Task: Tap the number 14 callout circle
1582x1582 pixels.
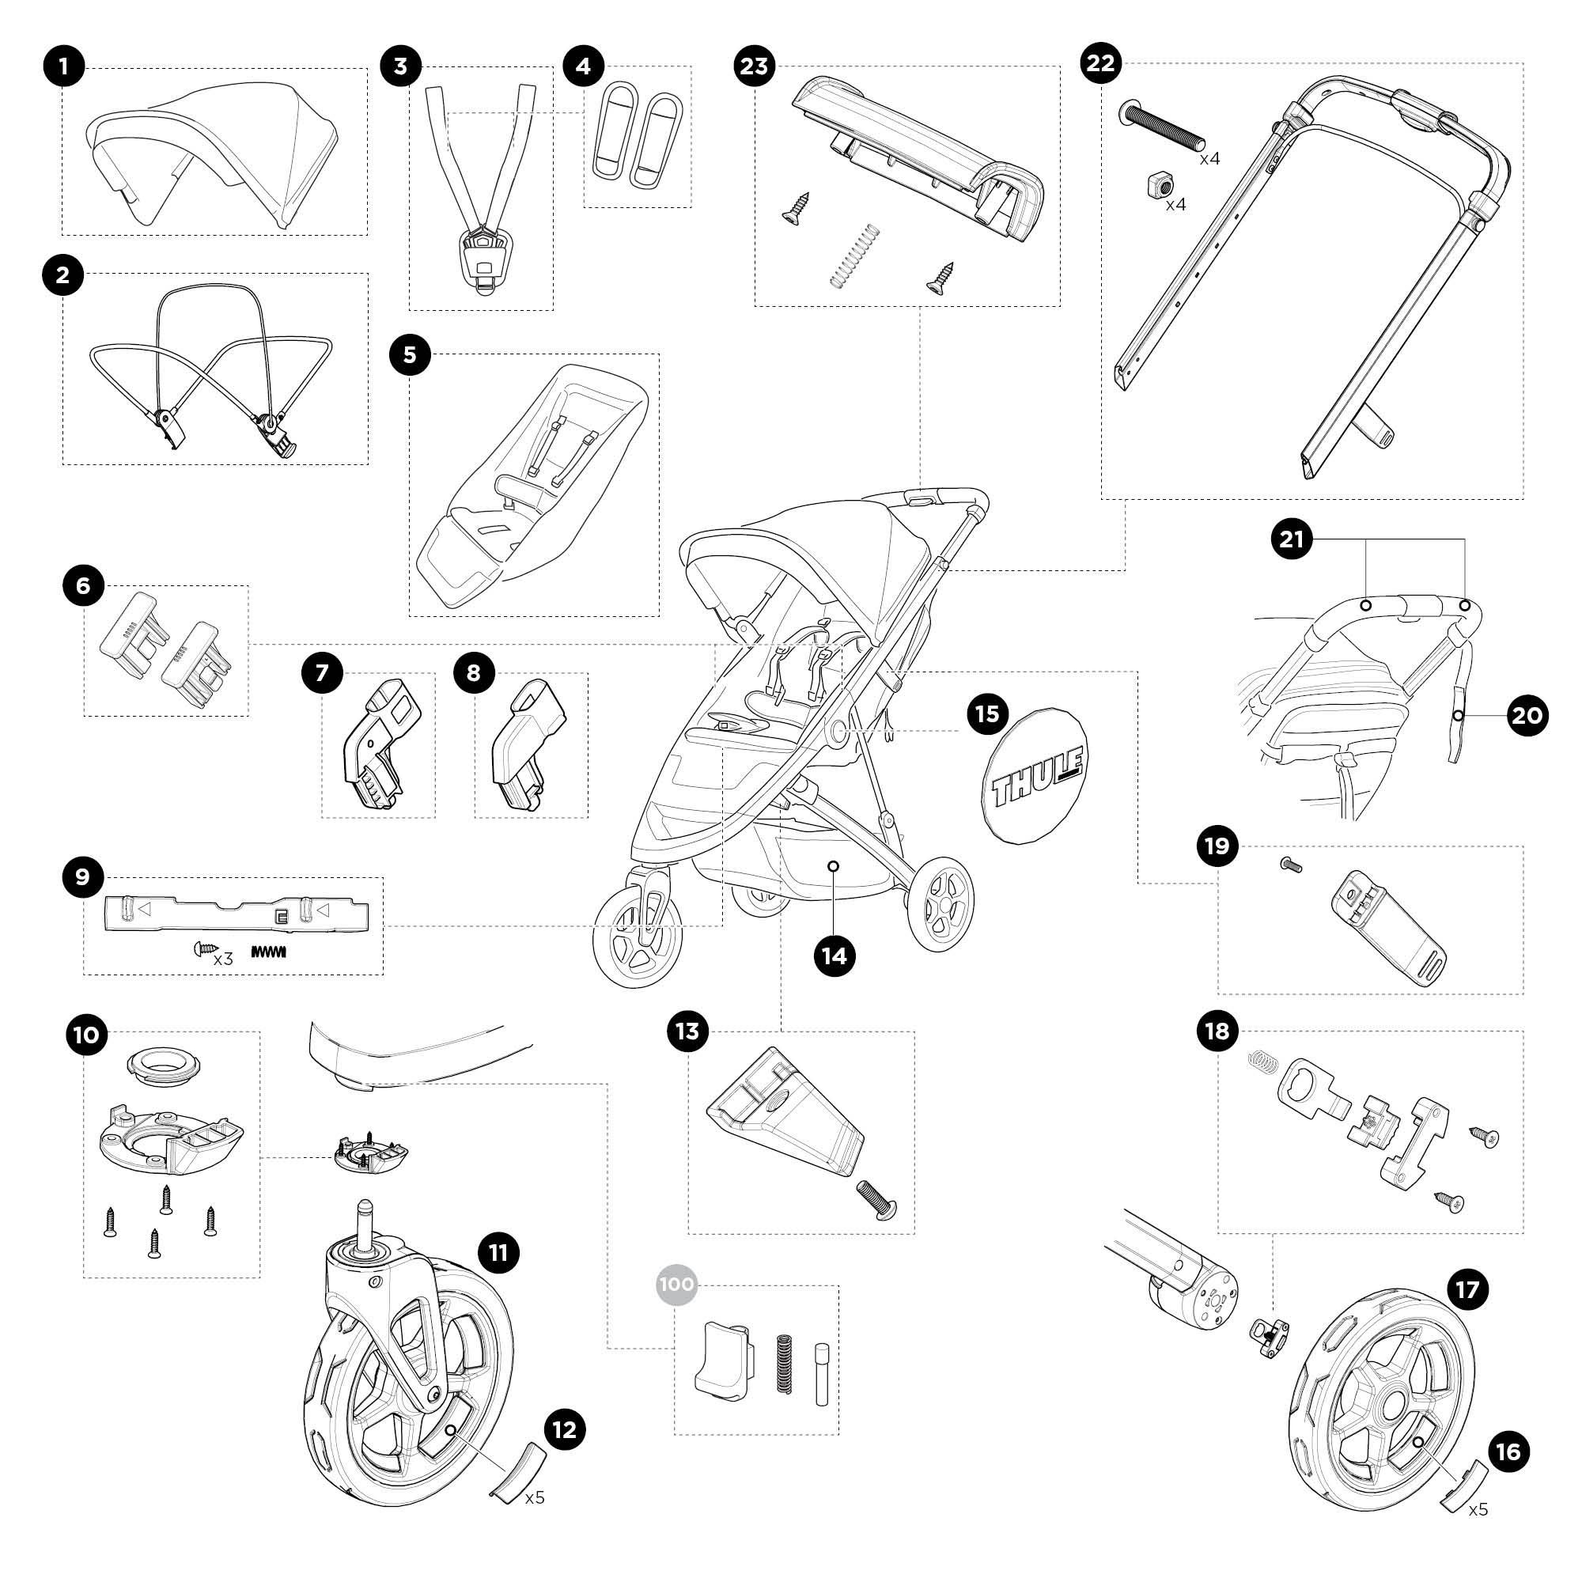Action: tap(835, 956)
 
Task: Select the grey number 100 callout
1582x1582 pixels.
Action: tap(676, 1284)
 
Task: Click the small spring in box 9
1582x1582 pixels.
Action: tap(269, 952)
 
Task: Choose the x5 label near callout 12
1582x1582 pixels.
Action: tap(535, 1497)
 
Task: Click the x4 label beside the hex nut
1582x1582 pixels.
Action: tap(1175, 204)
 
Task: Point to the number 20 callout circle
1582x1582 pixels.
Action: tap(1526, 716)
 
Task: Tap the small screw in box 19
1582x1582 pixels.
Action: tap(1290, 865)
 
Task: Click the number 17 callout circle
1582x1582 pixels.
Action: tap(1467, 1289)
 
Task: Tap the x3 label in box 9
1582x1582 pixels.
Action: tap(223, 959)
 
